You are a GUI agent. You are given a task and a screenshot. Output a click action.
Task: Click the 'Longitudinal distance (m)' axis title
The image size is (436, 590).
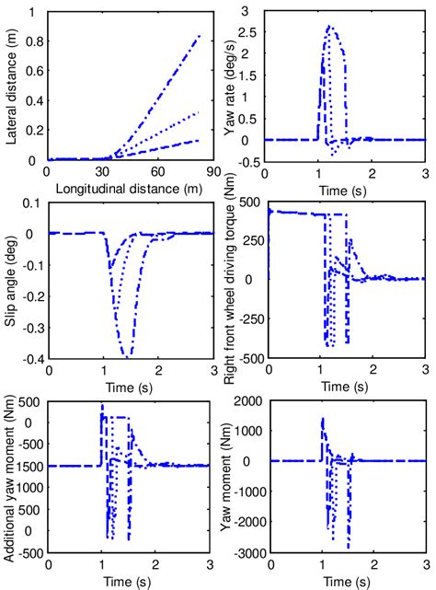(127, 189)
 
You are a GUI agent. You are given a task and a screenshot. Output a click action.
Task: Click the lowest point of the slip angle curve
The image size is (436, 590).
(128, 354)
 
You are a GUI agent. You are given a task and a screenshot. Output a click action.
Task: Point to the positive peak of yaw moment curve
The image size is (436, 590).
(322, 419)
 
